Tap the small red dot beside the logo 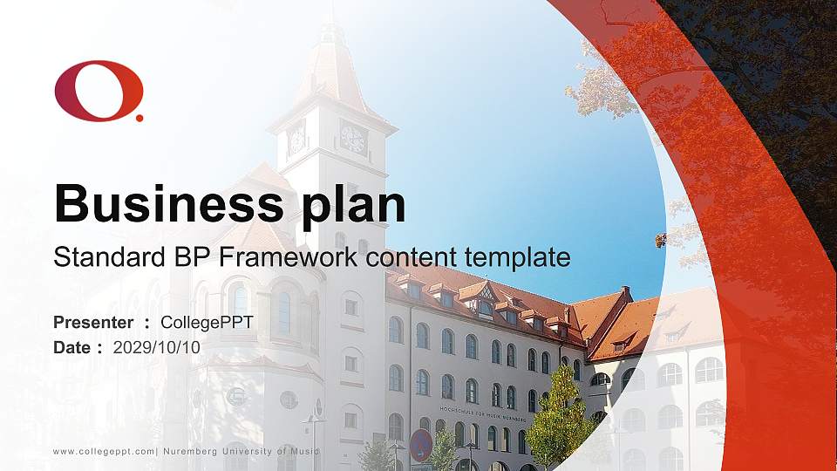pyautogui.click(x=139, y=117)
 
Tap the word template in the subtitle pyautogui.click(x=518, y=258)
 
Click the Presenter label pyautogui.click(x=93, y=323)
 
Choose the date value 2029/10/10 pyautogui.click(x=157, y=347)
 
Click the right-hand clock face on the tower pyautogui.click(x=353, y=138)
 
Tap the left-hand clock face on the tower pyautogui.click(x=296, y=138)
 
